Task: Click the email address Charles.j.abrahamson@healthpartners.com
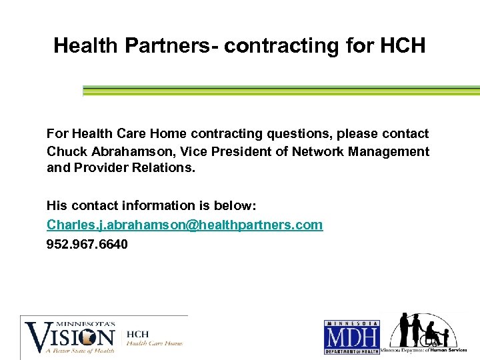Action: pos(185,225)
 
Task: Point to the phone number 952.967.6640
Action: pos(87,244)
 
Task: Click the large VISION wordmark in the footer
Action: pos(70,334)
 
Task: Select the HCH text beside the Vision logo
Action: pos(138,333)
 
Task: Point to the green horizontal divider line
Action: pos(280,90)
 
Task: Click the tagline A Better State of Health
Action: pos(75,349)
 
